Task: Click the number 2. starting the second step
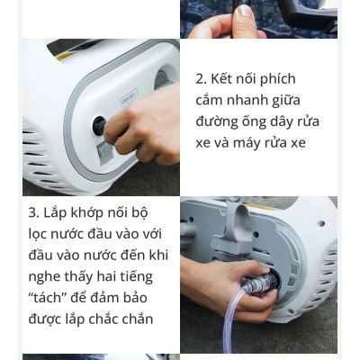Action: tap(202, 79)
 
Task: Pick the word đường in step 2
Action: tap(219, 121)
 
